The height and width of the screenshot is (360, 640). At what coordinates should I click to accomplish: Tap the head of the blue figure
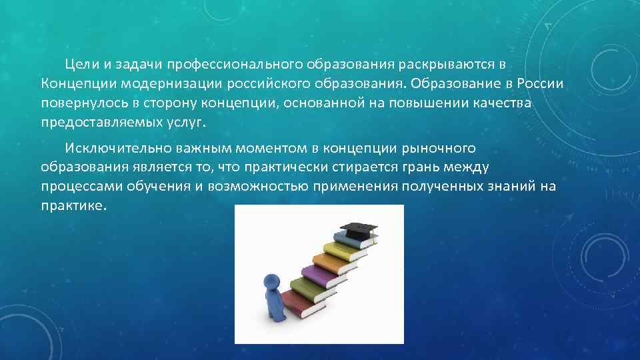click(271, 280)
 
